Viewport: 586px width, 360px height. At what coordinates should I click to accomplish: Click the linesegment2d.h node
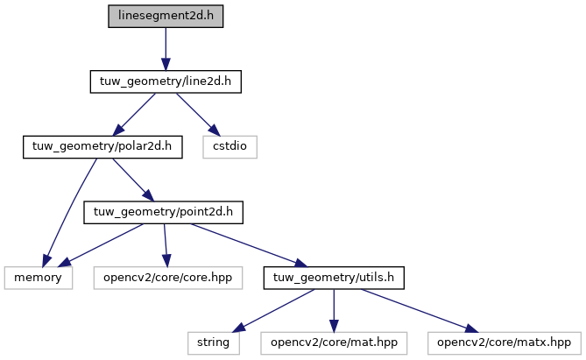[x=166, y=16]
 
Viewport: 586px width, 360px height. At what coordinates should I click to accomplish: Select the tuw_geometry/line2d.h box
[x=166, y=81]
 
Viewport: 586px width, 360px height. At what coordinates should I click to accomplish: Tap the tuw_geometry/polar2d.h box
[x=102, y=147]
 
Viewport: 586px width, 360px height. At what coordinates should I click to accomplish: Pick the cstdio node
[x=229, y=147]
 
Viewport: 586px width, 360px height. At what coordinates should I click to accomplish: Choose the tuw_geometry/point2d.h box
[x=163, y=212]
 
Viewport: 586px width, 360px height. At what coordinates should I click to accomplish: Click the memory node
[x=39, y=278]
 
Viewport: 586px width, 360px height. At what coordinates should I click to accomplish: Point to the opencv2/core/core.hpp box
[x=168, y=278]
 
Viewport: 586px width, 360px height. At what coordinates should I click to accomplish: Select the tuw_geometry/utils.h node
[x=334, y=278]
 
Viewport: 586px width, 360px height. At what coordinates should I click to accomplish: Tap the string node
[x=214, y=343]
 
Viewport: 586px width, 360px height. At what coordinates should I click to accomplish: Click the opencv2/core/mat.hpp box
[x=334, y=343]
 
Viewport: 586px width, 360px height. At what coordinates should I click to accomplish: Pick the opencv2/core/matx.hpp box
[x=505, y=343]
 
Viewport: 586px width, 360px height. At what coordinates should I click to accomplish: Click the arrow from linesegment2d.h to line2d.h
[x=166, y=48]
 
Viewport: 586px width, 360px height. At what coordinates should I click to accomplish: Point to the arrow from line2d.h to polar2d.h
[x=134, y=114]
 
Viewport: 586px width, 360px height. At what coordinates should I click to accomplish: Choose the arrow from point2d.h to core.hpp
[x=166, y=245]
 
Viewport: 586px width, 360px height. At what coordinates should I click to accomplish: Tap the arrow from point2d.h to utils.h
[x=249, y=245]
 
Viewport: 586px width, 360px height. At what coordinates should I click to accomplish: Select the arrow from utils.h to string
[x=273, y=311]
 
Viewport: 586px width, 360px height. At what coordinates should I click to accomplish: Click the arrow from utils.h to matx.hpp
[x=420, y=311]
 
